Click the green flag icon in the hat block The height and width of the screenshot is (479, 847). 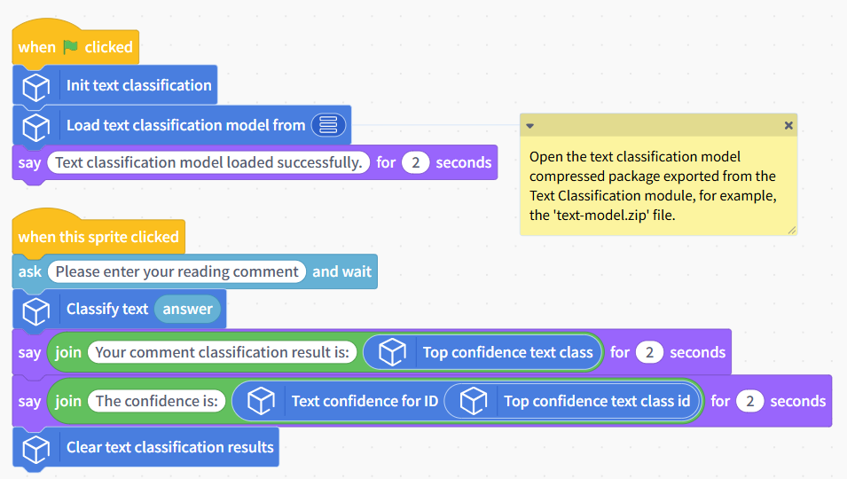(x=70, y=47)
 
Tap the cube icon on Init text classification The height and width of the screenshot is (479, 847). (x=36, y=86)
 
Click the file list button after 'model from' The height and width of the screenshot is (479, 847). (x=328, y=125)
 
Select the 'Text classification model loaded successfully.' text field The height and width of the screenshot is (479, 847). (x=208, y=162)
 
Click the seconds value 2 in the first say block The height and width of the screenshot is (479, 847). (x=415, y=162)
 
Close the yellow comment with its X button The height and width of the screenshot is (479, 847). (x=788, y=125)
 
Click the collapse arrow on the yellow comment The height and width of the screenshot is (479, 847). (x=529, y=126)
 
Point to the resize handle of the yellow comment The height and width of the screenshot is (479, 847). (x=791, y=230)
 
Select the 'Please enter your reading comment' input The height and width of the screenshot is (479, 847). (x=176, y=271)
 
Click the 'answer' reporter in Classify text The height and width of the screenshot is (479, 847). (x=187, y=309)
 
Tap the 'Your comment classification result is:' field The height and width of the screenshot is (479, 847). (x=222, y=352)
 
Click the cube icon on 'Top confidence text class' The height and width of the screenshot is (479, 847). (x=392, y=352)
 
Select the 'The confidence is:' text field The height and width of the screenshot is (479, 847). (x=157, y=401)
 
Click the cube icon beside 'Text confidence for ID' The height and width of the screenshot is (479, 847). (x=261, y=401)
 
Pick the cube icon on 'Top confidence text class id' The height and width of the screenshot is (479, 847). (x=474, y=401)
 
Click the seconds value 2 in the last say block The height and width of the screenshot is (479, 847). (x=749, y=401)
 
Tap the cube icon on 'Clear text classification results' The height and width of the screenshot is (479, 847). (x=36, y=449)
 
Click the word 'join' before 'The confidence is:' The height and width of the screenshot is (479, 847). (x=68, y=401)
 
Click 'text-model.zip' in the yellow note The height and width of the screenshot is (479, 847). (x=600, y=215)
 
